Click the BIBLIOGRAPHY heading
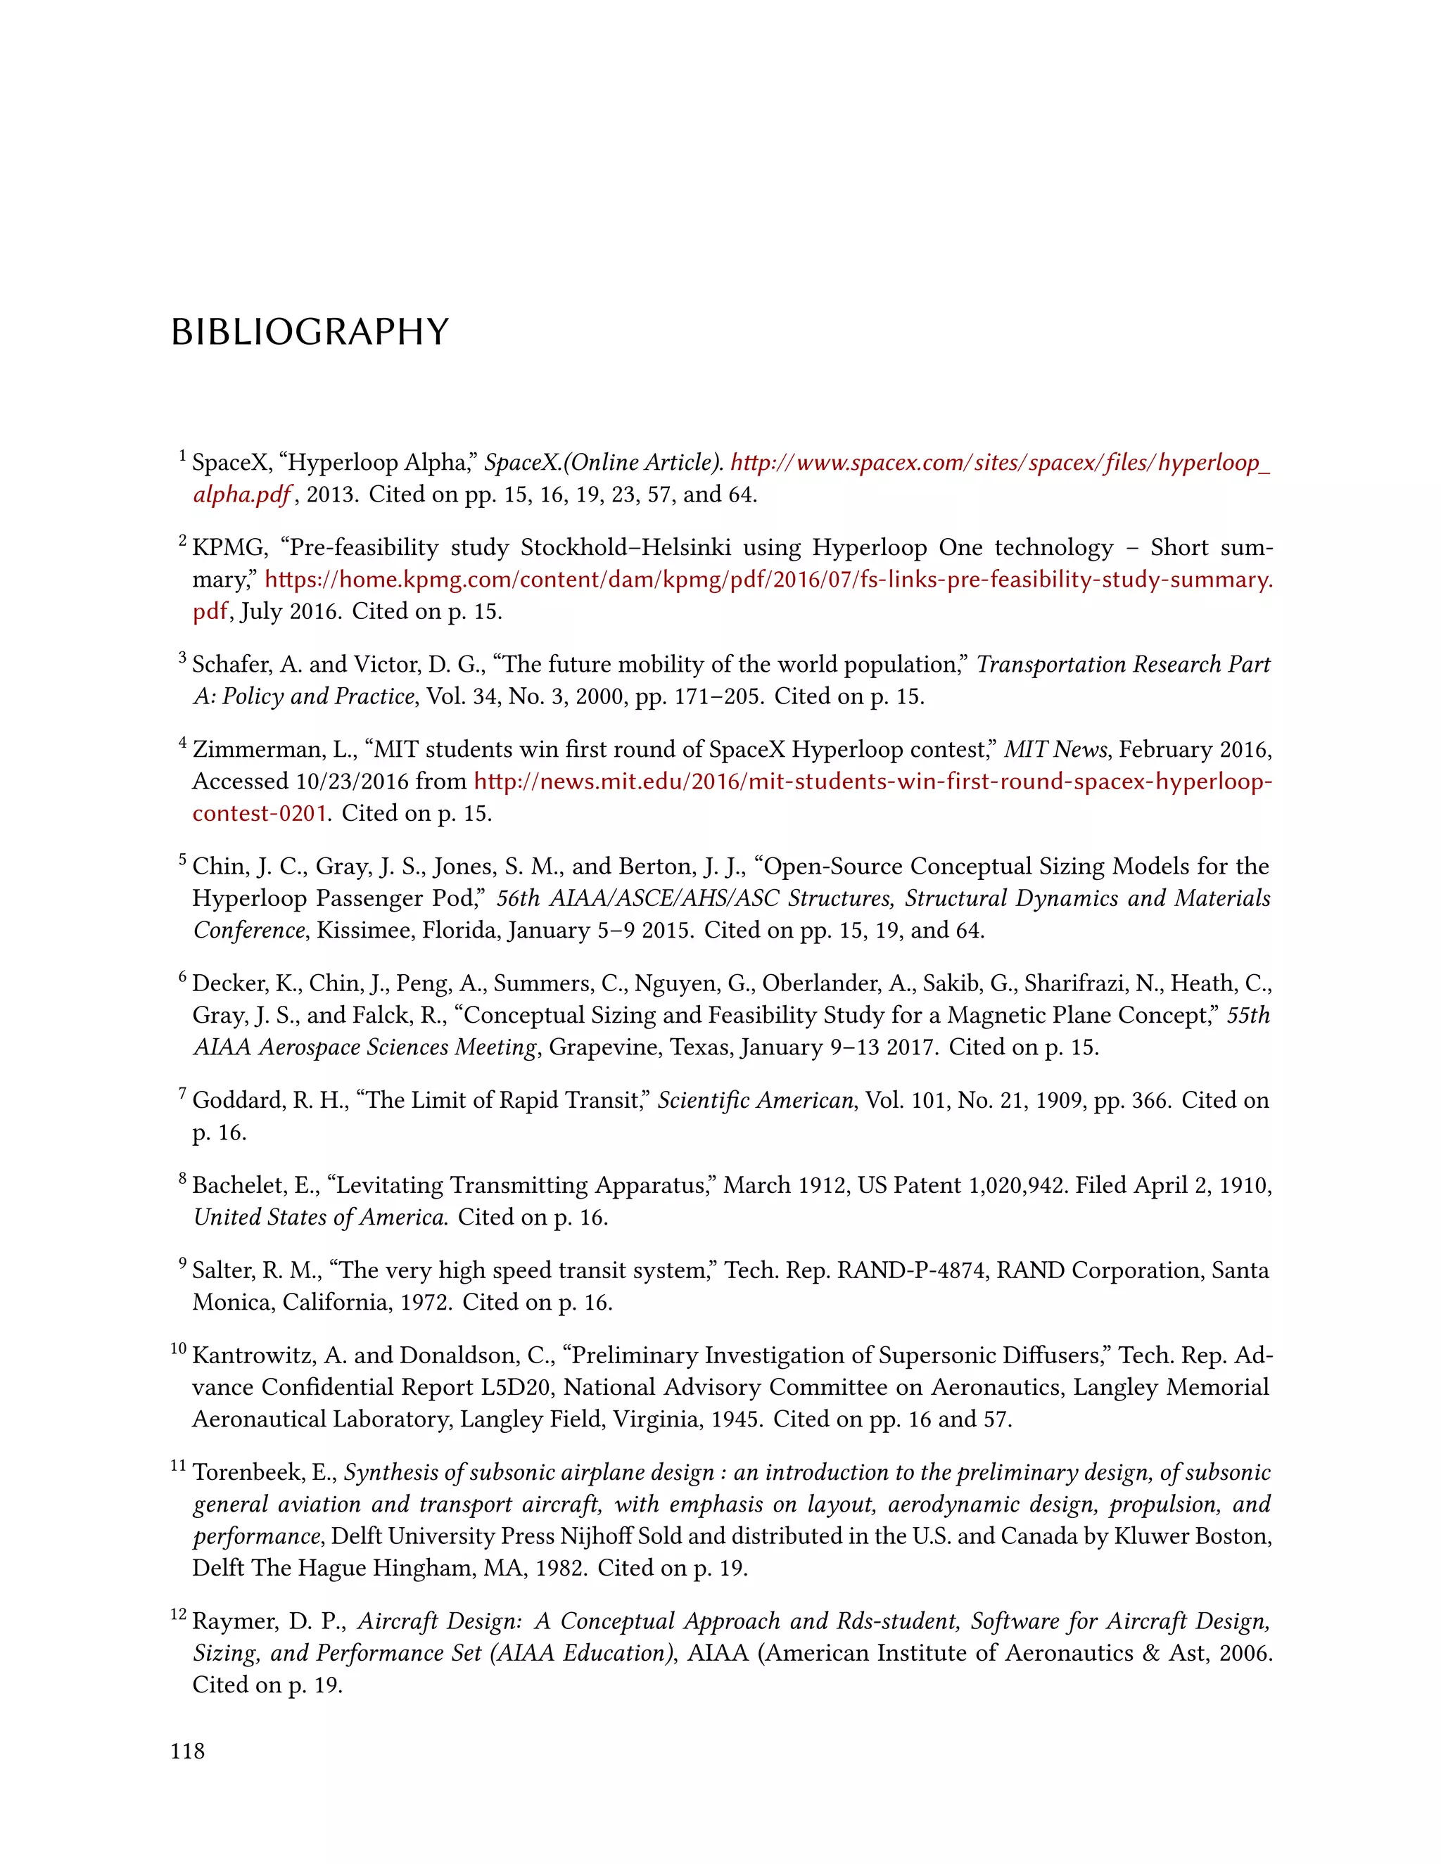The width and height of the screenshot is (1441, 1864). [309, 332]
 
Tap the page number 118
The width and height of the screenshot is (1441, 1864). [188, 1751]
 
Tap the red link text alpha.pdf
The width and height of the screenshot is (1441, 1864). [241, 495]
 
